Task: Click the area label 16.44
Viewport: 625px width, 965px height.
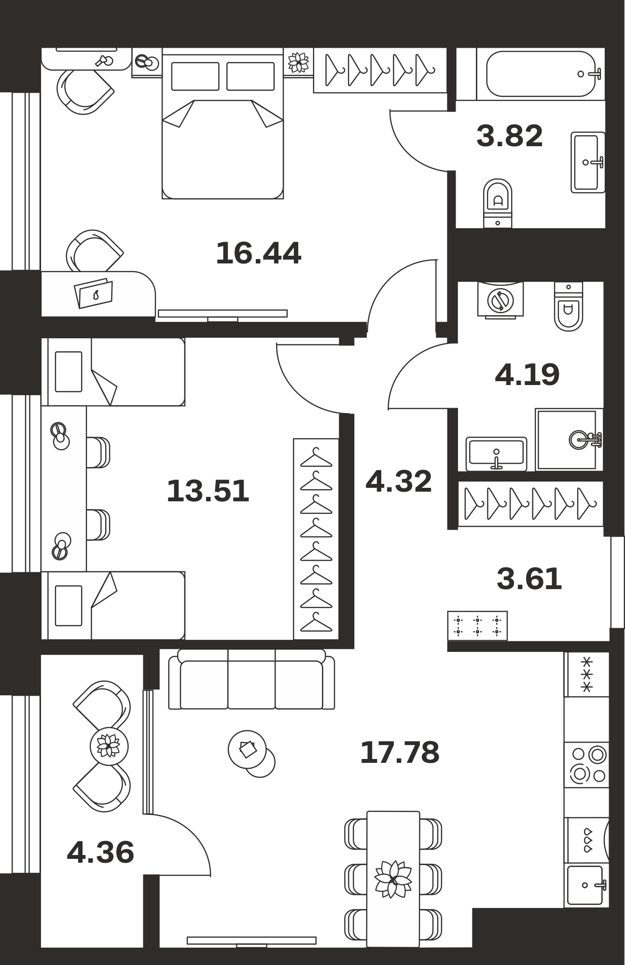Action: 259,253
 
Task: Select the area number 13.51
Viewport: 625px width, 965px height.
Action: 208,491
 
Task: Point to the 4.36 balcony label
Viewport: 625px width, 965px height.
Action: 100,852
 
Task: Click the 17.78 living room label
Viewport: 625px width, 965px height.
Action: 400,752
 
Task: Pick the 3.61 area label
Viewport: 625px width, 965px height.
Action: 529,579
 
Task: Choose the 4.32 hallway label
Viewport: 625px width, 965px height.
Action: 399,481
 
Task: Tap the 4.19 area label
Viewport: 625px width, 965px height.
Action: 527,374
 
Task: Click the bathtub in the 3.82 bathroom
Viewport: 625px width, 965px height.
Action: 541,74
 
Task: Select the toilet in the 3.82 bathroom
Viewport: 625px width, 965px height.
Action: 498,203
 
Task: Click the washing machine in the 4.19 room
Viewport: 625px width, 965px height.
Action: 500,300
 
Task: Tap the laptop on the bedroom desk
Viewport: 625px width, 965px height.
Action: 94,293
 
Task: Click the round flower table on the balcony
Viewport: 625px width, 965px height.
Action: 109,746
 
